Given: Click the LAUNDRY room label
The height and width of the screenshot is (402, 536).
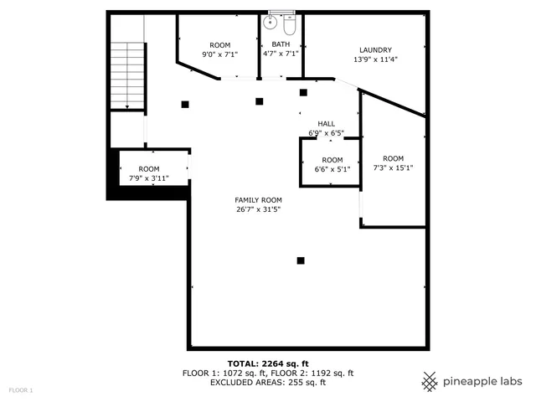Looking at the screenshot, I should [375, 50].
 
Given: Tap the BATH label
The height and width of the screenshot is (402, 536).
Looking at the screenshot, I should [281, 44].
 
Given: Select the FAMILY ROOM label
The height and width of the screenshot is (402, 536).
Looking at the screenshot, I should [258, 200].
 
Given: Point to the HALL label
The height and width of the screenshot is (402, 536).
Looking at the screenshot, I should [326, 124].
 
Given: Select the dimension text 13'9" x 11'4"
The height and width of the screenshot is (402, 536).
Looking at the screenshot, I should [375, 59].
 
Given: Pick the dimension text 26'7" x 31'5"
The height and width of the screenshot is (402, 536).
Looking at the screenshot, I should [258, 209].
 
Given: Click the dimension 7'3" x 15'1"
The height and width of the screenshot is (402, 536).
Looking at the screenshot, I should [393, 167].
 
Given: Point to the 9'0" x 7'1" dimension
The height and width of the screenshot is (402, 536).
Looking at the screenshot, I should [219, 54].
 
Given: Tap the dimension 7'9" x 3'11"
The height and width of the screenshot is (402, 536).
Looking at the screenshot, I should [149, 178].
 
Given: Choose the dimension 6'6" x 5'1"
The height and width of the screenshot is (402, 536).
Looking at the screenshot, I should [332, 169].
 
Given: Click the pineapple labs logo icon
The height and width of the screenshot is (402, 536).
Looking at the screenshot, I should [430, 381].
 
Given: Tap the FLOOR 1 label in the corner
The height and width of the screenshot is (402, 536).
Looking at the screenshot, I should [21, 390].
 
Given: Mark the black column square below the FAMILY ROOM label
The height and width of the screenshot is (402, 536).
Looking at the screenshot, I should [301, 260].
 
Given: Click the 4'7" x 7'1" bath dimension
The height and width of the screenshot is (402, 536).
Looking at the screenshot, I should [281, 54].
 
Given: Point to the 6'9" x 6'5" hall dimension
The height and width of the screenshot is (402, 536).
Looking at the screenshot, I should [326, 133].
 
